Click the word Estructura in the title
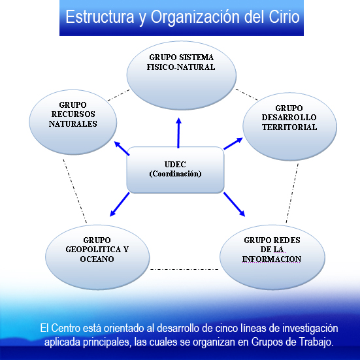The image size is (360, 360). (100, 16)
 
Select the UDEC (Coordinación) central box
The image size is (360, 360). (175, 170)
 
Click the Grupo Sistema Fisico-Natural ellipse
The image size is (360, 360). (182, 75)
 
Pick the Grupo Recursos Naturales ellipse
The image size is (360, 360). (73, 122)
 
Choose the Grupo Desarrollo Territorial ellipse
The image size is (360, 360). (289, 127)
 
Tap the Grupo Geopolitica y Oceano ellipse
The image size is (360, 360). (97, 257)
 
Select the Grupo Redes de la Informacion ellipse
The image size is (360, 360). (272, 257)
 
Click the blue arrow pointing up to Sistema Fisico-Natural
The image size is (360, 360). (178, 133)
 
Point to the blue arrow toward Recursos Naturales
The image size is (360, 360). (122, 148)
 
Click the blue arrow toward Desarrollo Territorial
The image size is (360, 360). (233, 144)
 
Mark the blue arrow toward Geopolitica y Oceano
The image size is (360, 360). (120, 205)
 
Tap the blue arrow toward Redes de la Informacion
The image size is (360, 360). (234, 205)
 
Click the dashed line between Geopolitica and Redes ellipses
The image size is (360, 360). (184, 269)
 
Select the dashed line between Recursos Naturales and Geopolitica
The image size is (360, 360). (75, 191)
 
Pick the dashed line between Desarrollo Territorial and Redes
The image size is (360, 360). (292, 193)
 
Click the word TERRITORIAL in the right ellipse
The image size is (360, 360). (289, 127)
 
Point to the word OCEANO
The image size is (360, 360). (97, 259)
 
